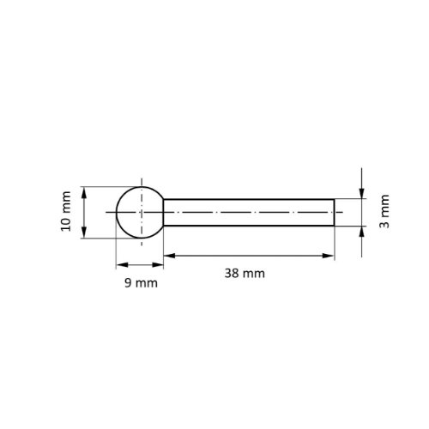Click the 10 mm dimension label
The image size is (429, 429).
[x=66, y=211]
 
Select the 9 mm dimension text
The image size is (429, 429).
[x=141, y=283]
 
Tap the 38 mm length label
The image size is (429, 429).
[x=245, y=274]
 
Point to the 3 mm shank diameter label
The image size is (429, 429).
[x=384, y=211]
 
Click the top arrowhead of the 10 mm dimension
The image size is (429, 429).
[x=84, y=192]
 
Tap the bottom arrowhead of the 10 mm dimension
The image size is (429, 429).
[x=84, y=232]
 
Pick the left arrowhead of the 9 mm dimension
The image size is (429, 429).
[x=122, y=265]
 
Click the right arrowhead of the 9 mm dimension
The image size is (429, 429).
[x=158, y=265]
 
